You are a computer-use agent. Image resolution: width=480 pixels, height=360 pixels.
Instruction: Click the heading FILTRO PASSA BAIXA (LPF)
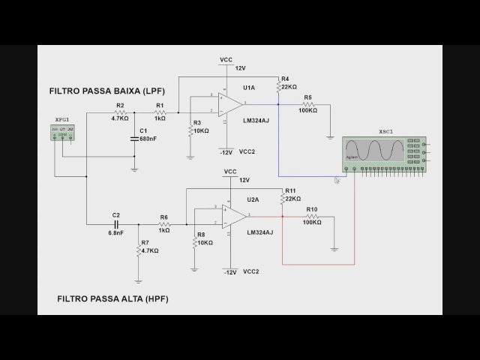[x=106, y=91]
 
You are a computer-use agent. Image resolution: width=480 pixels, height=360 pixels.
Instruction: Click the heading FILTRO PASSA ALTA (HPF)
[x=112, y=298]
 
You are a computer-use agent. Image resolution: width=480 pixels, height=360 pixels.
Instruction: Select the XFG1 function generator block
[x=62, y=132]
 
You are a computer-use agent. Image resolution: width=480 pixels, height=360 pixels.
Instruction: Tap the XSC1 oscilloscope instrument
[x=384, y=153]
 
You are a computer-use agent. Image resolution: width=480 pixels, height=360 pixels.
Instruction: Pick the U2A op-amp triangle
[x=232, y=217]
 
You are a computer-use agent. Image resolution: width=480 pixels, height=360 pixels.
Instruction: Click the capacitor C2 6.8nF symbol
[x=116, y=223]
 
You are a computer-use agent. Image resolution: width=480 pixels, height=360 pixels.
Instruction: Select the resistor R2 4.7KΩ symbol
[x=120, y=112]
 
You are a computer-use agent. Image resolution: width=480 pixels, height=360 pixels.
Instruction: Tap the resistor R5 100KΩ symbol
[x=307, y=103]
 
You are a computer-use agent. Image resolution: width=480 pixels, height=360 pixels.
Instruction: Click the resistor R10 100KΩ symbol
[x=312, y=216]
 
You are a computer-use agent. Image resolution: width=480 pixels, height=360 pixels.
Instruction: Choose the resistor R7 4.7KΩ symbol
[x=139, y=250]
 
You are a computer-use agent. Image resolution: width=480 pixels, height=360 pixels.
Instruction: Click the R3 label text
[x=197, y=122]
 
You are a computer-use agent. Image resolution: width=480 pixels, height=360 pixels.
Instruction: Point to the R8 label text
[x=201, y=235]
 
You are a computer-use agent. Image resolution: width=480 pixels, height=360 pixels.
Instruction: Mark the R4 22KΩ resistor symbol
[x=278, y=88]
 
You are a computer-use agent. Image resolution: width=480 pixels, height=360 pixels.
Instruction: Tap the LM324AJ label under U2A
[x=259, y=232]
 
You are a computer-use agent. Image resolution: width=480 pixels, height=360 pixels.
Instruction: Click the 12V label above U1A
[x=241, y=68]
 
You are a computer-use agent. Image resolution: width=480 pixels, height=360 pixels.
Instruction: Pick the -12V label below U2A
[x=229, y=271]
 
